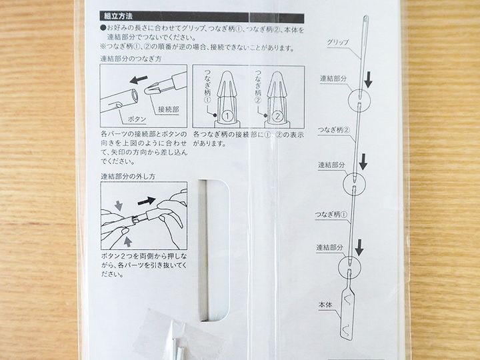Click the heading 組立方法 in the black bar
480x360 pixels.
tap(118, 17)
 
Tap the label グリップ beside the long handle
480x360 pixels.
tap(337, 42)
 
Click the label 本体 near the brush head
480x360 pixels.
tap(325, 305)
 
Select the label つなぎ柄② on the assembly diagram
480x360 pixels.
tap(334, 130)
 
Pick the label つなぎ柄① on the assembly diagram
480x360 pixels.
tap(331, 215)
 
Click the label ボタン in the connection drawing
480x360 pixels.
tap(137, 119)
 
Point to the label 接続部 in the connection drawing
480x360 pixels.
tap(169, 109)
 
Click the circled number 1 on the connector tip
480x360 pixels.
tap(227, 116)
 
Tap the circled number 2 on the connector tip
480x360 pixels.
tap(277, 116)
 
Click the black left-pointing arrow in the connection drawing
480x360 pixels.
tap(139, 79)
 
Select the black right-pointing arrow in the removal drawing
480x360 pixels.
tap(146, 201)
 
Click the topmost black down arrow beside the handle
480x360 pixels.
tap(369, 79)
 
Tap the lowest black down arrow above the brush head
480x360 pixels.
tap(360, 247)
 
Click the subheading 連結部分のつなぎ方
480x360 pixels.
tap(131, 59)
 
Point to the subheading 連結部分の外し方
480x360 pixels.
tap(128, 176)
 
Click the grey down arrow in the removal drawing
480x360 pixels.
tap(119, 205)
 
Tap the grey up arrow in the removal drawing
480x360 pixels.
tap(127, 242)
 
